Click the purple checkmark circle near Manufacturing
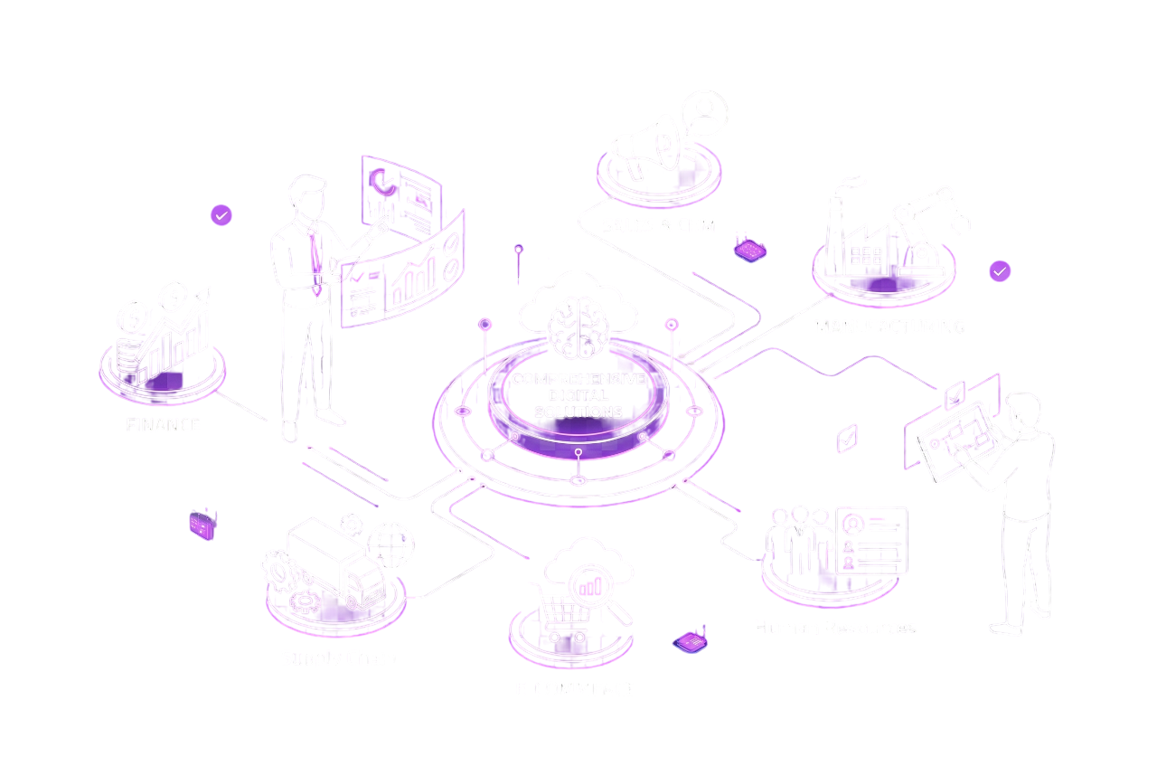click(x=1000, y=270)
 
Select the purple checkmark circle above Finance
click(x=221, y=214)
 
